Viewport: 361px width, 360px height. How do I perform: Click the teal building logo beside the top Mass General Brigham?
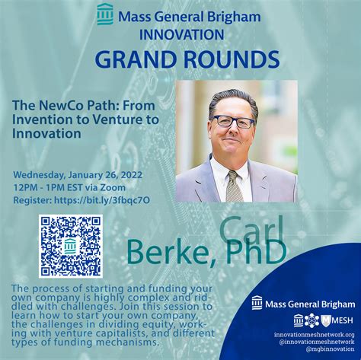click(105, 14)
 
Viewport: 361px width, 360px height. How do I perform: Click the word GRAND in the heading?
click(136, 59)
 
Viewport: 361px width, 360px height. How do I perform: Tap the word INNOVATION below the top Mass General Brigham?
click(181, 35)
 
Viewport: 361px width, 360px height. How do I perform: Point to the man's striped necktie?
click(234, 186)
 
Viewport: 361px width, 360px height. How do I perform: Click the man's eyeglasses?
click(233, 122)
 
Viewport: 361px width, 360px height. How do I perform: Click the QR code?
click(71, 246)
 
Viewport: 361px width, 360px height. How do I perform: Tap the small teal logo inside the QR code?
click(70, 246)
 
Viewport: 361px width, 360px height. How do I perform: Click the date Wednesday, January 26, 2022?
click(78, 175)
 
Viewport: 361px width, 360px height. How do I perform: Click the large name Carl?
click(251, 230)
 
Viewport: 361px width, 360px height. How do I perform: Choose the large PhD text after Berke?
click(256, 251)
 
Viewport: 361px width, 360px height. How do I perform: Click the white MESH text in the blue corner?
click(342, 320)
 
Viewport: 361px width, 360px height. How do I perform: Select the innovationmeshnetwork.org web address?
click(314, 335)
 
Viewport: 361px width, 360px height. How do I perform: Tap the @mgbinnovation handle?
click(330, 349)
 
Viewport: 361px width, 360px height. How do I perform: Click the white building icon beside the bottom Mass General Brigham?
click(257, 303)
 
